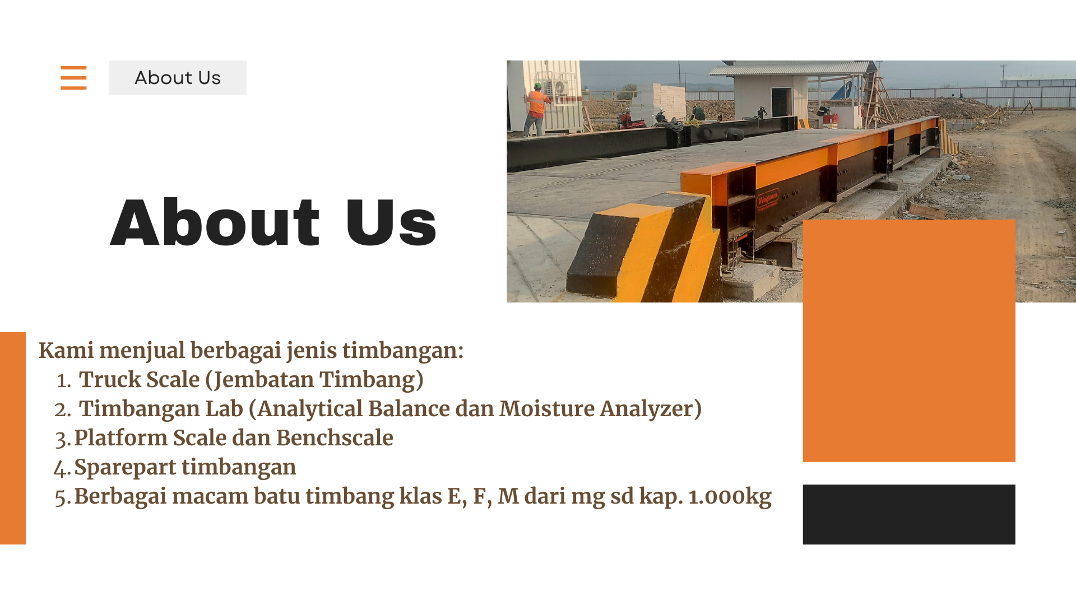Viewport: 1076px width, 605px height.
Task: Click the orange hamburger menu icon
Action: pyautogui.click(x=73, y=77)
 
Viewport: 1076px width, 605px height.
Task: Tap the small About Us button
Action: pyautogui.click(x=178, y=78)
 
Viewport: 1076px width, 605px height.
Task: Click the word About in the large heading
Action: pyautogui.click(x=215, y=222)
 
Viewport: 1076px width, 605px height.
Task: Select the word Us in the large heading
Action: pyautogui.click(x=391, y=222)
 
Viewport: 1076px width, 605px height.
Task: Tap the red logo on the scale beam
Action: pyautogui.click(x=767, y=199)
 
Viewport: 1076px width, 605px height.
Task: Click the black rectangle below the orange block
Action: pyautogui.click(x=909, y=514)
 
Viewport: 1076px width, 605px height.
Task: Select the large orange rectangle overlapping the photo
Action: pyautogui.click(x=909, y=341)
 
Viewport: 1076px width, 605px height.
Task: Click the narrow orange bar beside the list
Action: pyautogui.click(x=13, y=438)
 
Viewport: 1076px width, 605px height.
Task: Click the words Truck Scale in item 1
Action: pyautogui.click(x=139, y=380)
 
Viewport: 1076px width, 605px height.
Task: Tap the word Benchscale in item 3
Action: pyautogui.click(x=335, y=438)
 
